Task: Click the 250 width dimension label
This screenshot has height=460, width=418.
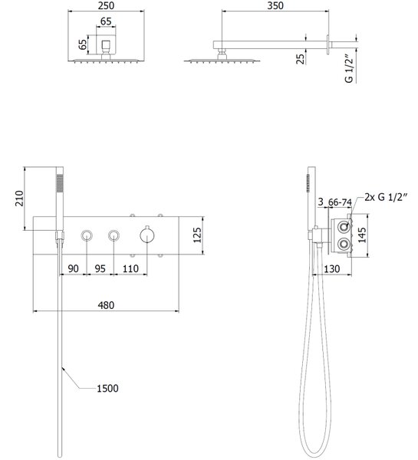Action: click(x=106, y=5)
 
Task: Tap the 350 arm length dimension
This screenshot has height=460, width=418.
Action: click(x=275, y=5)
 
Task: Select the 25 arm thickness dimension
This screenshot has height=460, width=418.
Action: click(x=300, y=59)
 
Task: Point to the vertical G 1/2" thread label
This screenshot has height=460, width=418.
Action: click(x=349, y=68)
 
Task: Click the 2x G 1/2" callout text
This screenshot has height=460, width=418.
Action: click(x=386, y=197)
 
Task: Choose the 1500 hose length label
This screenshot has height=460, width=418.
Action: click(x=107, y=389)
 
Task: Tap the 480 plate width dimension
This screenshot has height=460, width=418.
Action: click(x=106, y=305)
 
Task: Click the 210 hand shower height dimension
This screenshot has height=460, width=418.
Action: click(x=19, y=198)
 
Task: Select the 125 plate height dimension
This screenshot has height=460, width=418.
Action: click(x=198, y=235)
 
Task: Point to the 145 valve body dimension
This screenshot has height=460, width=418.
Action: click(x=362, y=235)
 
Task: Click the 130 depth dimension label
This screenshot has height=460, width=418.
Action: click(x=331, y=269)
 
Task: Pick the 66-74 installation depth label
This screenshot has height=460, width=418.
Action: click(x=340, y=202)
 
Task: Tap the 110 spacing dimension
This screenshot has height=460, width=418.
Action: click(x=130, y=269)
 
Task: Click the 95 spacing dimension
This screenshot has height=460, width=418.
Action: click(x=100, y=269)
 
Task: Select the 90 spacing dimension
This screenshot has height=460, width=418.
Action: click(x=73, y=269)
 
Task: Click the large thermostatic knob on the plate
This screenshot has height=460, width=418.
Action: click(x=146, y=235)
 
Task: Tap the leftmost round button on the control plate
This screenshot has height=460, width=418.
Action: click(x=87, y=235)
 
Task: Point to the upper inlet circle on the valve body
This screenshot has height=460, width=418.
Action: click(x=343, y=227)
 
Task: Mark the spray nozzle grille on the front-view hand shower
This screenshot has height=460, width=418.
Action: click(x=60, y=184)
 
